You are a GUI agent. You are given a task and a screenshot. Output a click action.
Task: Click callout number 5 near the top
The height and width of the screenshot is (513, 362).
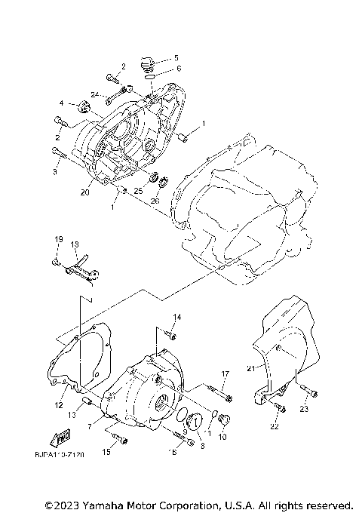click(x=176, y=57)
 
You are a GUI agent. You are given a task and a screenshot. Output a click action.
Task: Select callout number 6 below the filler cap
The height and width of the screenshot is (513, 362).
click(x=178, y=69)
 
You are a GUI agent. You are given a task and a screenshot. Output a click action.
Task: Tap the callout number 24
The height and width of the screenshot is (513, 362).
click(x=96, y=94)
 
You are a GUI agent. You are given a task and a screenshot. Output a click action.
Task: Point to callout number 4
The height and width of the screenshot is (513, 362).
click(x=63, y=103)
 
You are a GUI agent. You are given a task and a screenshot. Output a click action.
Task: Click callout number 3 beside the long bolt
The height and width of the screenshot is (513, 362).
click(x=55, y=172)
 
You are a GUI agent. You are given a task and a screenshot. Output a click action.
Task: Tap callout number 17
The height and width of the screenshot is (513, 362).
click(x=225, y=373)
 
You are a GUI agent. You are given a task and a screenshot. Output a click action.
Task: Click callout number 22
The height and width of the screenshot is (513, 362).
click(x=273, y=428)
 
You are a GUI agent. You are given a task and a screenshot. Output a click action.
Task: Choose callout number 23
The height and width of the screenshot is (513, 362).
click(x=305, y=410)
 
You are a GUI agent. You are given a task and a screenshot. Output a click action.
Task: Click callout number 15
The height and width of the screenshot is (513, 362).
click(x=106, y=452)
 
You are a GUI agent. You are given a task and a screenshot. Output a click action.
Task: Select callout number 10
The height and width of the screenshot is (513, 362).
click(x=222, y=437)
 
